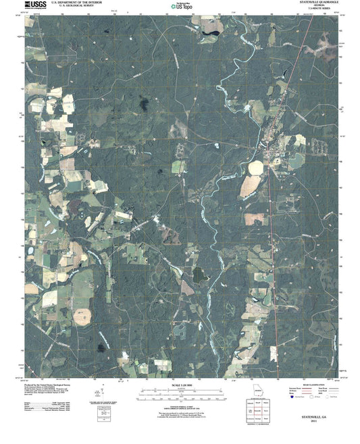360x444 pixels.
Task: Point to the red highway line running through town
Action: (x=273, y=202)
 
